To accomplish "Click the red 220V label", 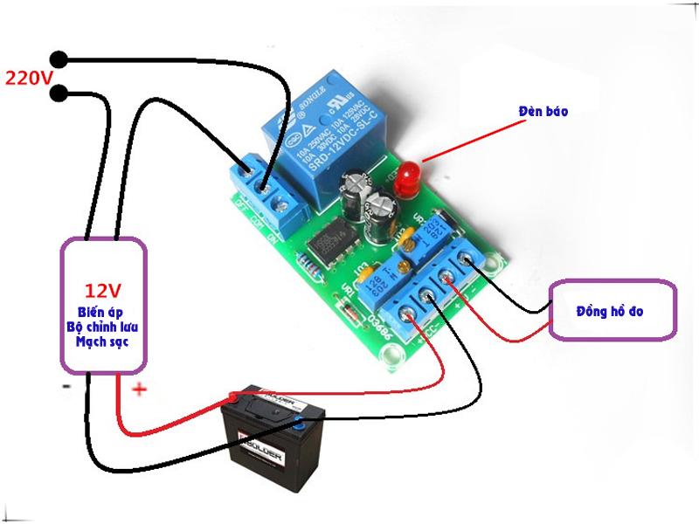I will coord(30,78).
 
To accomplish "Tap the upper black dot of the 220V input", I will coord(59,59).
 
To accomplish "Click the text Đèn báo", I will coord(543,112).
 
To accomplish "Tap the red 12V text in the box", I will coord(103,290).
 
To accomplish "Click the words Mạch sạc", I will coord(103,341).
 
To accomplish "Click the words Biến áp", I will coord(103,313).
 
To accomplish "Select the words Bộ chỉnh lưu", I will coord(103,327).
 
